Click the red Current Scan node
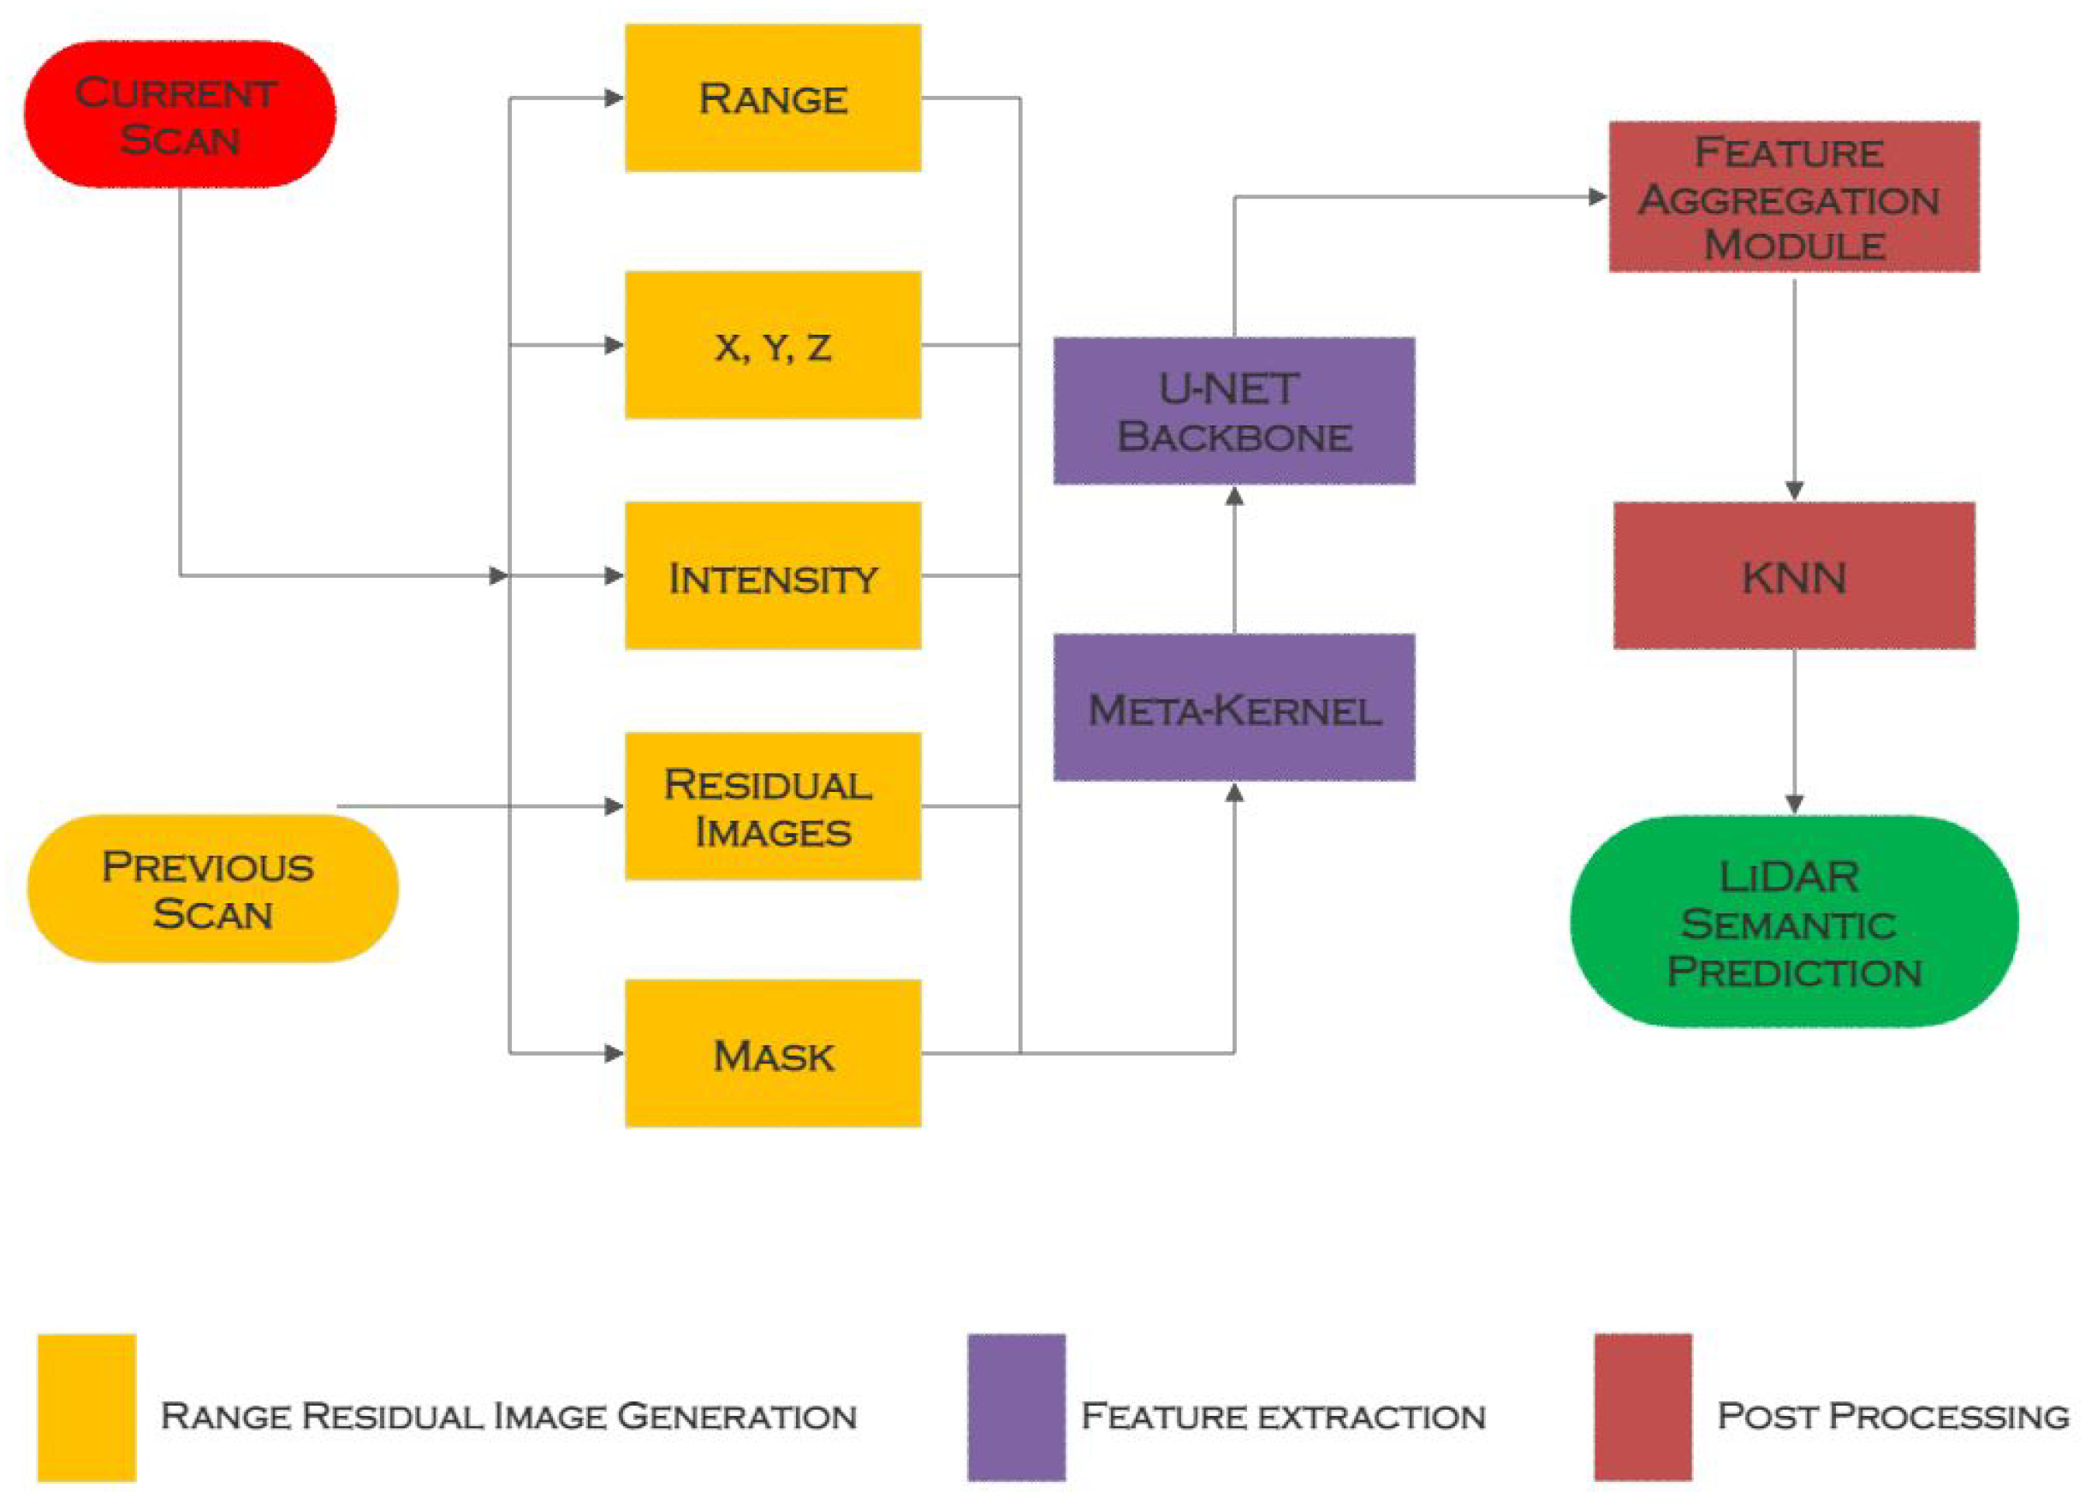179,114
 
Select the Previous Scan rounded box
211,889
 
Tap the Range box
772,98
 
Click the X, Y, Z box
772,345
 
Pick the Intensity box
772,575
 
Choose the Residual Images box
772,806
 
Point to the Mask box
772,1054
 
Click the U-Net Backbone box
1233,411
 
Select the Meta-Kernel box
1233,707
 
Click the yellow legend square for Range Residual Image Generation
86,1407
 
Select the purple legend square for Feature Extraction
1016,1407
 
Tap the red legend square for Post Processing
1642,1407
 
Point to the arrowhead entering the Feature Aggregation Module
1598,197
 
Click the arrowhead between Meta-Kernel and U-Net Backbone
1234,497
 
